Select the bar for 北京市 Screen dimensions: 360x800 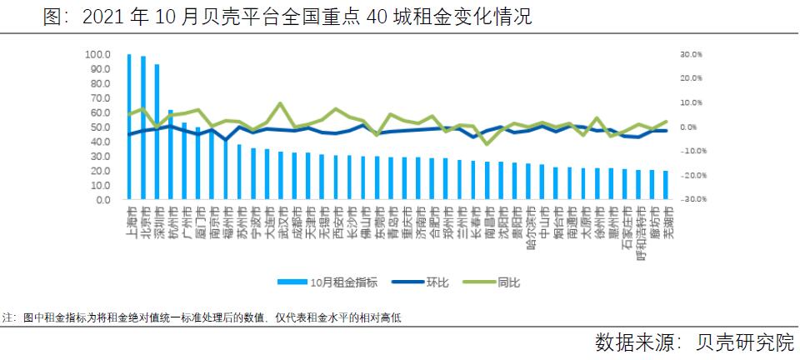coord(143,128)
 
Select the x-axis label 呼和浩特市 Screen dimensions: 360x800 coord(639,227)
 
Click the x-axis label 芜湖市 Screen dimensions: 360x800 coord(666,221)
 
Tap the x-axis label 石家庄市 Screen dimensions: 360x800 coord(625,224)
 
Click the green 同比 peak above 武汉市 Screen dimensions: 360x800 coord(280,103)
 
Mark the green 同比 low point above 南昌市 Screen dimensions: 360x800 coord(487,144)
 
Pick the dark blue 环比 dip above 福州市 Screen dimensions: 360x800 coord(226,140)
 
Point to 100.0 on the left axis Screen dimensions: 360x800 coord(97,55)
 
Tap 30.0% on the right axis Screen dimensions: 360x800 coord(692,54)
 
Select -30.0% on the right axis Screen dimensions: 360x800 coord(692,200)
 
